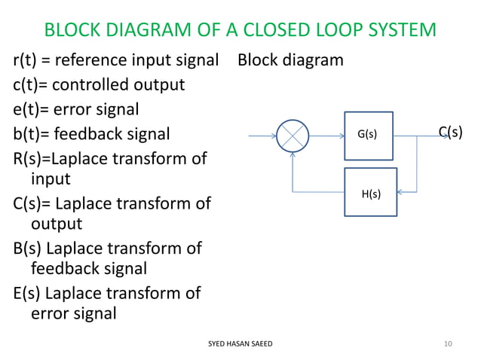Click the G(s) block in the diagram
point(369,136)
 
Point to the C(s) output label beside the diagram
point(451,133)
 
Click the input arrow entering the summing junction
point(262,136)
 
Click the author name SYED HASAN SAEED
point(240,343)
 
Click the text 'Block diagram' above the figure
point(290,59)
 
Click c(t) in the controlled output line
point(28,84)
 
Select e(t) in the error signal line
point(29,109)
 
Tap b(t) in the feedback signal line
point(29,135)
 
